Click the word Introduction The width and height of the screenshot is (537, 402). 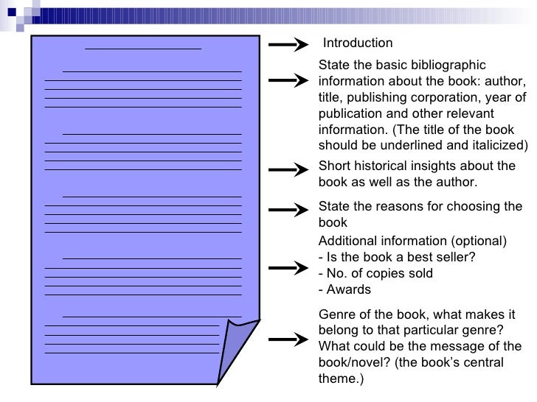(358, 43)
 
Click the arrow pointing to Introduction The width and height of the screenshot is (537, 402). (288, 46)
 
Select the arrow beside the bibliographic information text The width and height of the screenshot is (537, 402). (288, 79)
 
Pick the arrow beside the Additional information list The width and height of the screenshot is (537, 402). (288, 267)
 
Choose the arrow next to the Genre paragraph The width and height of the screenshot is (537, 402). (288, 339)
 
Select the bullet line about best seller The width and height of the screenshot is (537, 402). (397, 257)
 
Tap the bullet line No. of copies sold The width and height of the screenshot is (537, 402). (375, 273)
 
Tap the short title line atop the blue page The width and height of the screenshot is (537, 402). (143, 48)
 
